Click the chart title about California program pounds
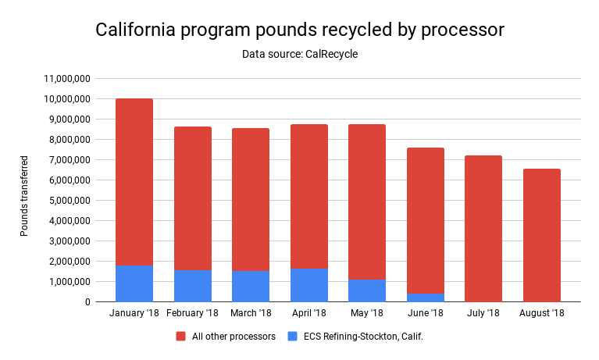tap(300, 30)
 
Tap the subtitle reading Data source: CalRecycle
tap(300, 54)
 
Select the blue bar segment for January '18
tap(134, 283)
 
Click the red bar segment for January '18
tap(134, 182)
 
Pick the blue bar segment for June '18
tap(426, 298)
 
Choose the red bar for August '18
tap(541, 235)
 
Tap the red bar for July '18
tap(483, 228)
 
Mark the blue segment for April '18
tap(309, 285)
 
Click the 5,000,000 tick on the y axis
tap(67, 201)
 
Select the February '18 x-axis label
tap(192, 313)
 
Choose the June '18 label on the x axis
tap(426, 313)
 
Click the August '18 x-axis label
tap(541, 313)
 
